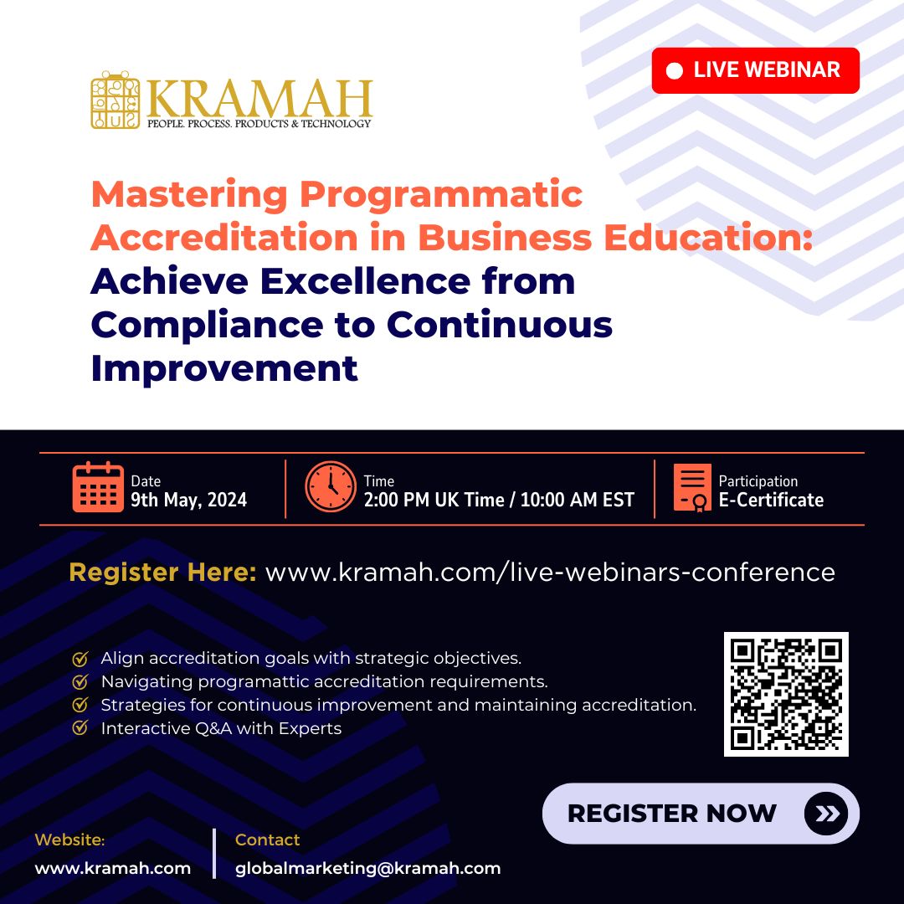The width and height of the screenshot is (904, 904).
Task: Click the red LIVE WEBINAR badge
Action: pos(755,70)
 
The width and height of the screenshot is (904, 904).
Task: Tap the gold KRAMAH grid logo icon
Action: pos(116,100)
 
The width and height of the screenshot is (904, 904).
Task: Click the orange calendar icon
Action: pos(98,488)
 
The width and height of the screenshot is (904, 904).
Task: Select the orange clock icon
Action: pos(330,488)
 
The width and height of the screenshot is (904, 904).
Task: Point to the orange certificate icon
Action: pos(692,488)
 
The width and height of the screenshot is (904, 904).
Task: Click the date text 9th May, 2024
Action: pos(189,501)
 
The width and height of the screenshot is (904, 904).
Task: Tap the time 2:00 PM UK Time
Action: pos(434,501)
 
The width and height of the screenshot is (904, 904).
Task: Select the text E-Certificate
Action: pos(771,501)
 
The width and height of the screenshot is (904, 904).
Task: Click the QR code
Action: pos(786,694)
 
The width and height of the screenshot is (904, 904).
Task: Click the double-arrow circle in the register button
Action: pos(826,814)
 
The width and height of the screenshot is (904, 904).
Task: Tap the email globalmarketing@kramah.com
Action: pos(367,868)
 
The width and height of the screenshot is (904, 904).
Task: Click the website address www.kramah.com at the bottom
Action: pos(112,868)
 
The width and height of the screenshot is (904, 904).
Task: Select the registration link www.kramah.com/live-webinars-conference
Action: pos(550,573)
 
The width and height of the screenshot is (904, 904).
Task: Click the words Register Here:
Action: pos(162,573)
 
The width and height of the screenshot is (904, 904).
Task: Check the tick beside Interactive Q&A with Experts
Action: pos(80,728)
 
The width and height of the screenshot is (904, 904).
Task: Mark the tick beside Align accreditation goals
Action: pos(80,659)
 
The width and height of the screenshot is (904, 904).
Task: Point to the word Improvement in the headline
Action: pos(224,368)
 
